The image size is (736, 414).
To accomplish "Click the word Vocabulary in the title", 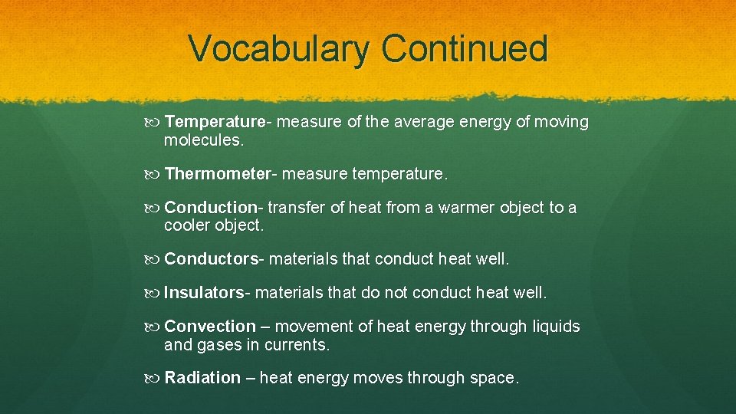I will (x=280, y=48).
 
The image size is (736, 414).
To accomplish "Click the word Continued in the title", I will (x=464, y=48).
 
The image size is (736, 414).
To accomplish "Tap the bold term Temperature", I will (x=214, y=122).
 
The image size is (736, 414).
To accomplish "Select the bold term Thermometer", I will (x=216, y=174).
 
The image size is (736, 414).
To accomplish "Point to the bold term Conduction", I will (x=212, y=208).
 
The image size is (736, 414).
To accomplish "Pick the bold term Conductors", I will (x=212, y=259).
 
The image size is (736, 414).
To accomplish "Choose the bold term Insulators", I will (x=204, y=293).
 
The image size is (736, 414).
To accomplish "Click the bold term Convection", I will (x=209, y=327).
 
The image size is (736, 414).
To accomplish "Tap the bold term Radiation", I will (x=202, y=378).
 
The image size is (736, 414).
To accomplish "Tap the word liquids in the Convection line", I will (x=556, y=327).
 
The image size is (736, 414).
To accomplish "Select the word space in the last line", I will (x=493, y=379).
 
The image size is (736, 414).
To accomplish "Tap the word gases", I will (x=219, y=346).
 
